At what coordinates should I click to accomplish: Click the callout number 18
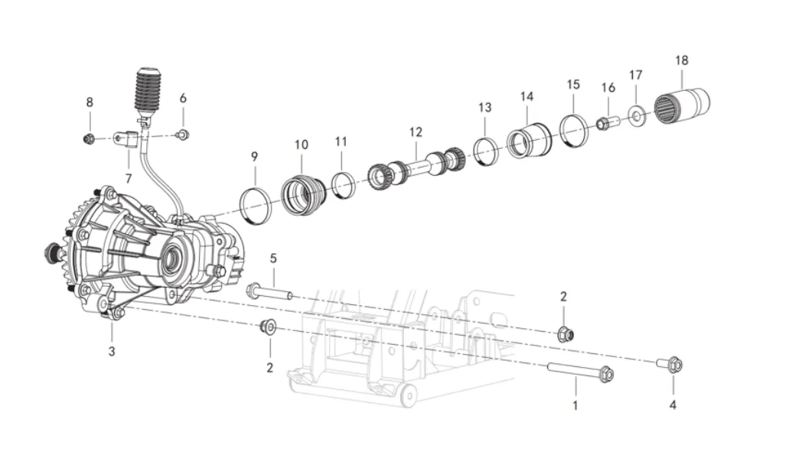tap(681, 60)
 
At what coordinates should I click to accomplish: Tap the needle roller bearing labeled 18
tap(682, 106)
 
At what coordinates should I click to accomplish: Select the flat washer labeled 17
tap(637, 115)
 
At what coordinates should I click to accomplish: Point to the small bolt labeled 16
tap(608, 122)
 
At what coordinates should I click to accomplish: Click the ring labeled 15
tap(574, 132)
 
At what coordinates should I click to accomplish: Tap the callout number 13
tap(484, 108)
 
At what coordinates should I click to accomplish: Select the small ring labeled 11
tap(344, 185)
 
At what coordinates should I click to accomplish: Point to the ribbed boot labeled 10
tap(303, 194)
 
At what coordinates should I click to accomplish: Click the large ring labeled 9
tap(255, 206)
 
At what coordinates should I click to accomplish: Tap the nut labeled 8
tap(89, 138)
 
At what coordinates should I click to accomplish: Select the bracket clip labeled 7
tap(127, 139)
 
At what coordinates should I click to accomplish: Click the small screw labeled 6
tap(183, 135)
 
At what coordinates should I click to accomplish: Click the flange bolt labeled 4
tap(670, 364)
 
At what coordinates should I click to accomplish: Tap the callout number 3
tap(112, 351)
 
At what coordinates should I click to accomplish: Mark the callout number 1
tap(575, 405)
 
